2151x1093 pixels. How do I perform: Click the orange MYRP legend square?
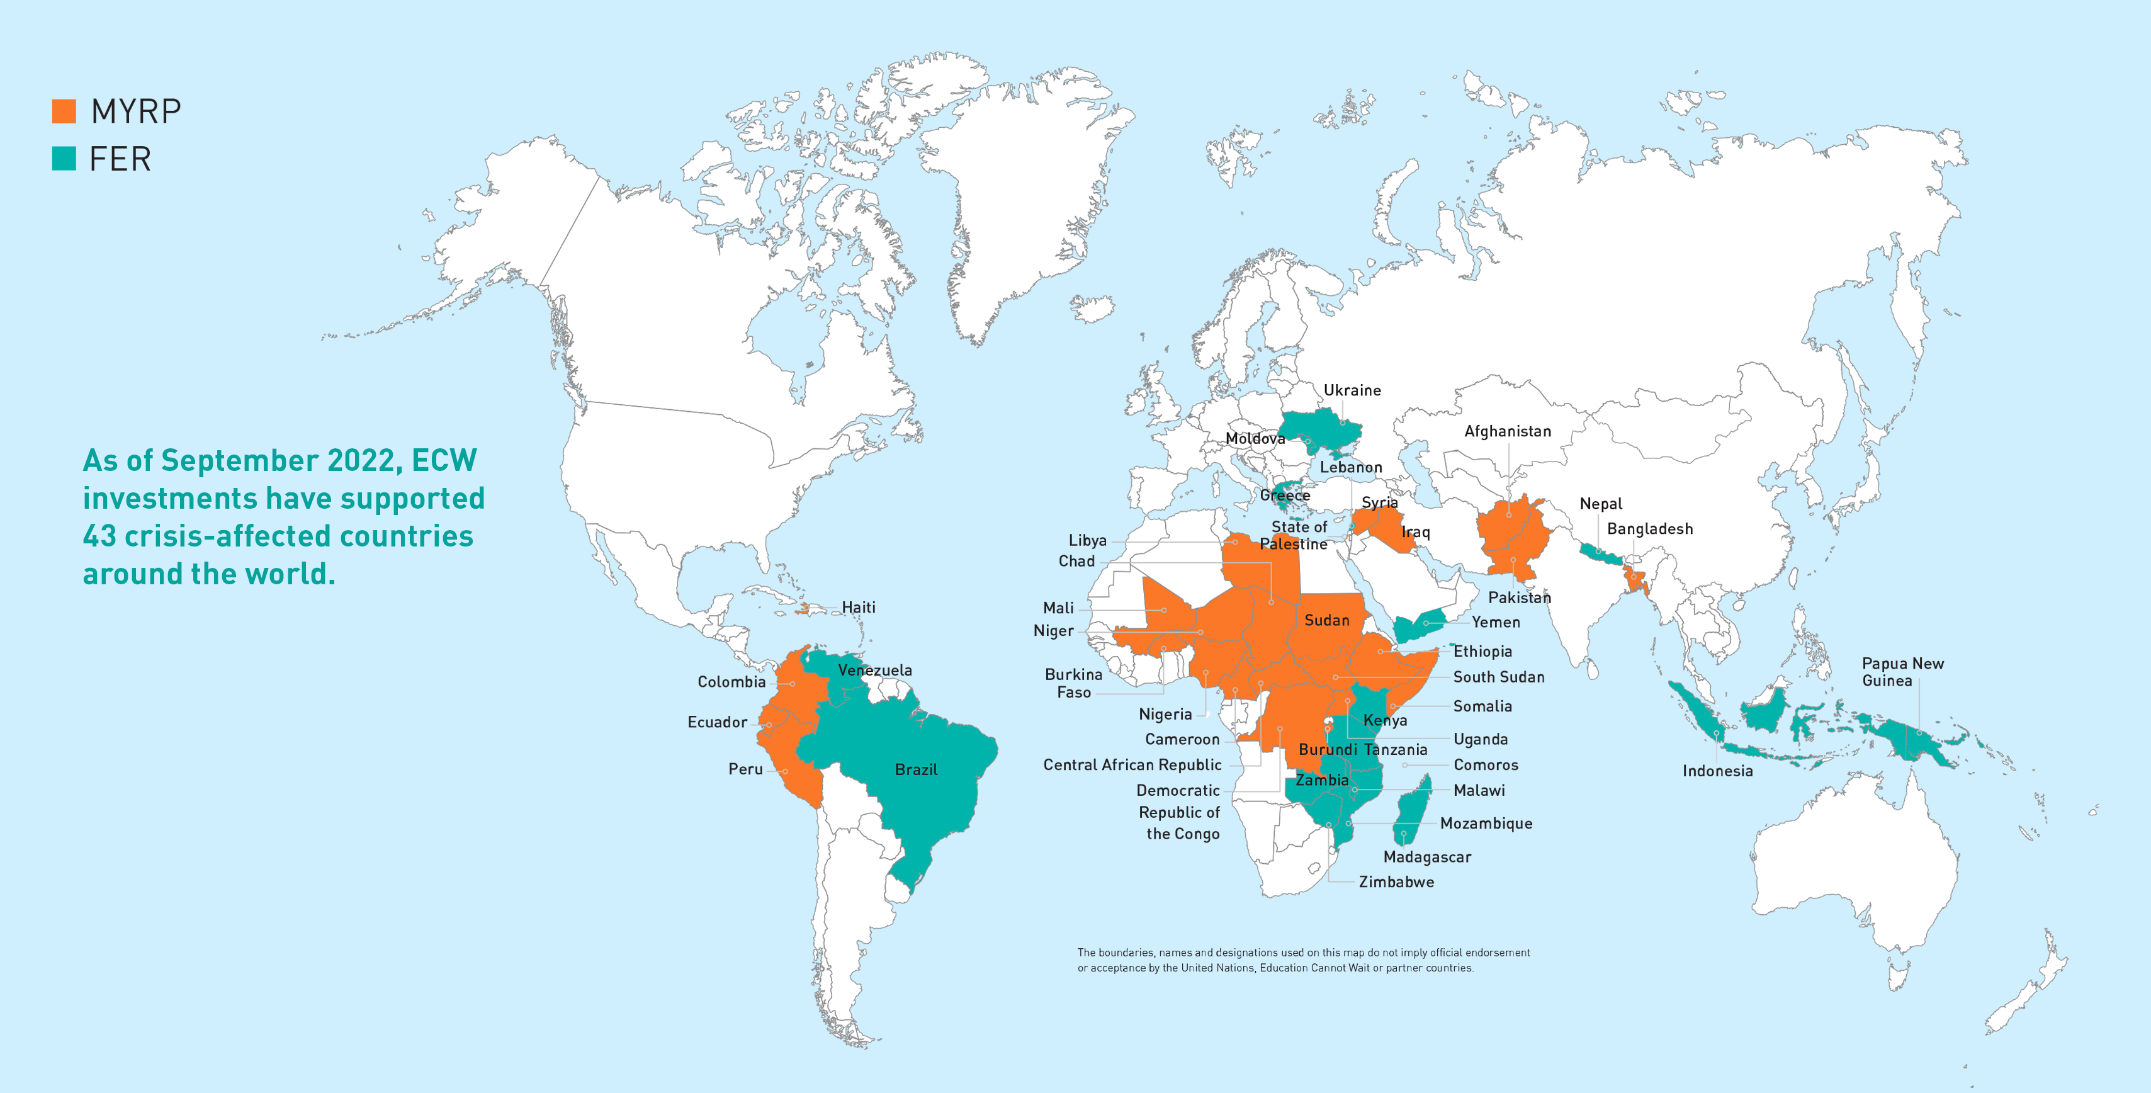pos(64,111)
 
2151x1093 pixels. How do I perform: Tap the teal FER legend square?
pos(64,159)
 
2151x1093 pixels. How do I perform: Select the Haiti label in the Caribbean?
pos(859,607)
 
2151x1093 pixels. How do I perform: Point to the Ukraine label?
pos(1352,390)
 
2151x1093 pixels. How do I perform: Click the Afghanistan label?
pos(1507,431)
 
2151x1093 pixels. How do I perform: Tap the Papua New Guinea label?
pos(1902,671)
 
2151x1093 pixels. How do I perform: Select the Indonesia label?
pos(1717,771)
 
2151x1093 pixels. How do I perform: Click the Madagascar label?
pos(1427,857)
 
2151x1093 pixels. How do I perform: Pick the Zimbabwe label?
pos(1396,881)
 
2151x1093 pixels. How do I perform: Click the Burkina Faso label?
pos(1073,683)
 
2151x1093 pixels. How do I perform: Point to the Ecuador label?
pos(716,722)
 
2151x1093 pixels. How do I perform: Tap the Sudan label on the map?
pos(1326,620)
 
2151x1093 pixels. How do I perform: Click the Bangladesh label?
pos(1649,528)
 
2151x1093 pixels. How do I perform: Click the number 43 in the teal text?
pos(99,536)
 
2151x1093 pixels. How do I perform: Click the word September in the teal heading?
pos(238,461)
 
